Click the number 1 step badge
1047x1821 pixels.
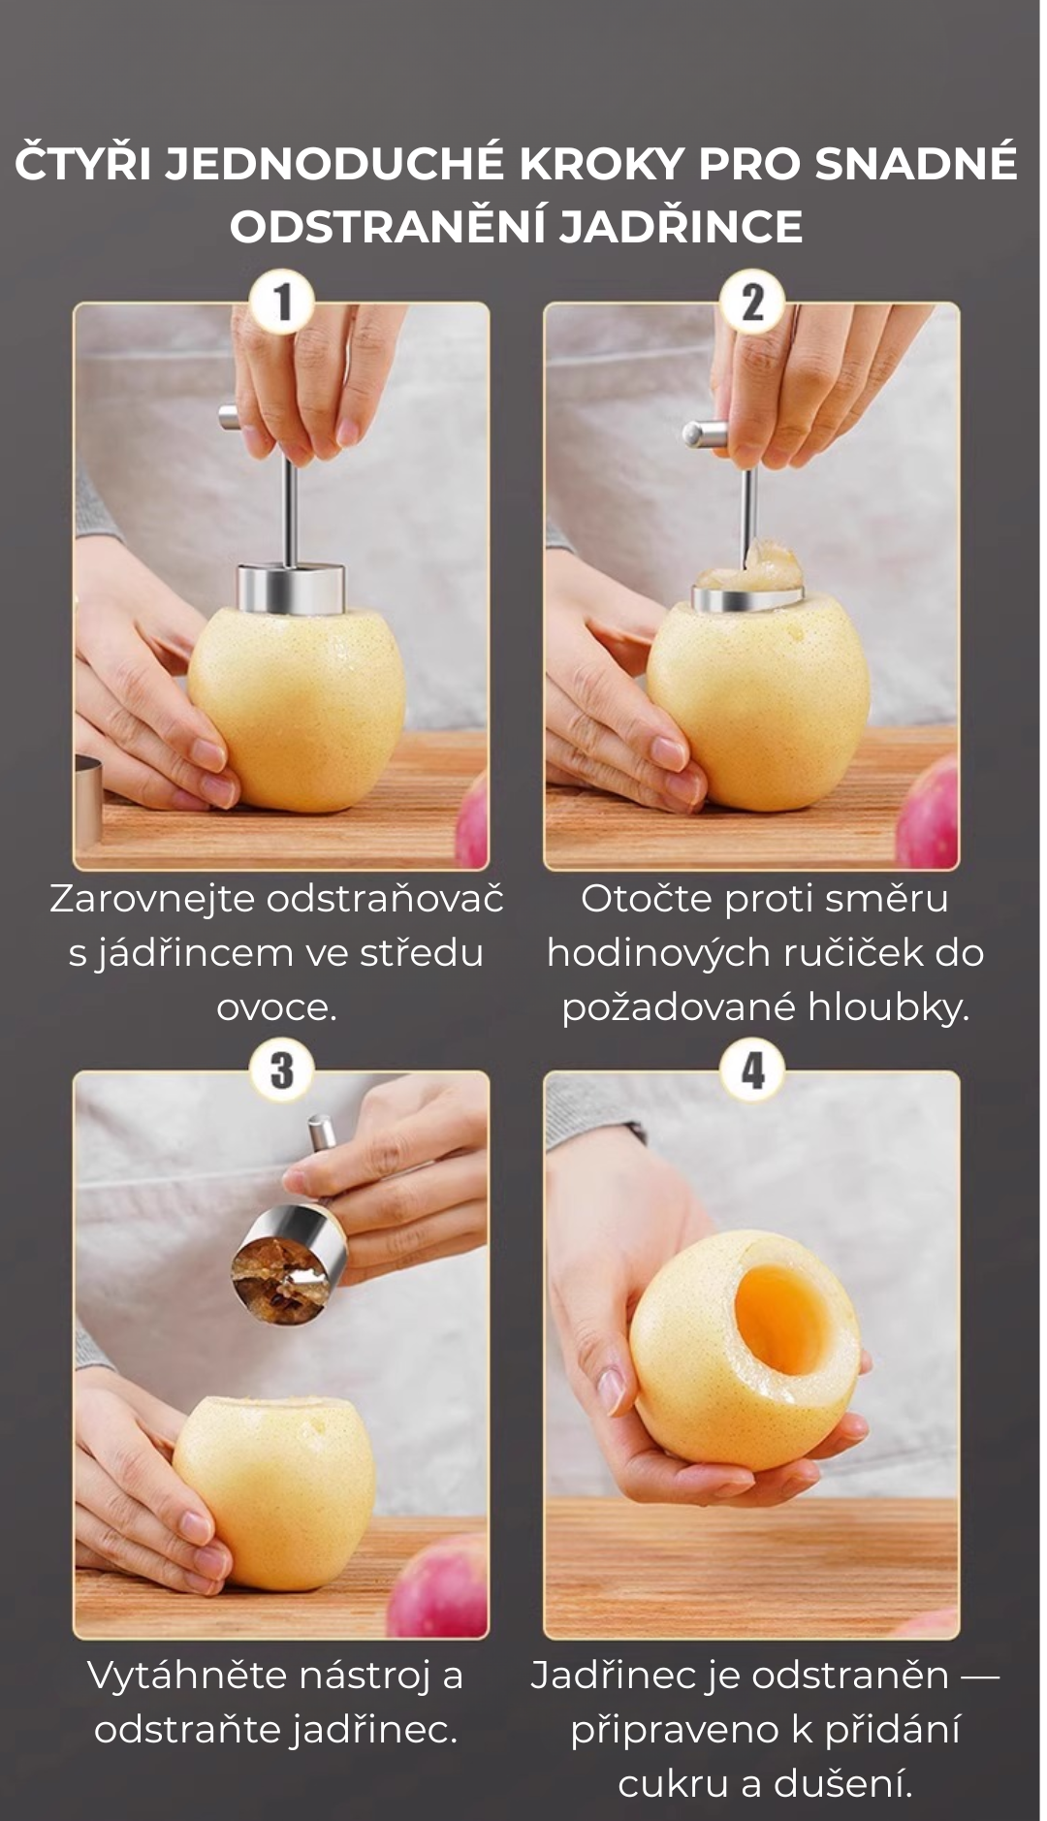(x=281, y=303)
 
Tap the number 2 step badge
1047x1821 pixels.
(x=752, y=303)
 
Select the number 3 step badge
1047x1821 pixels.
(x=281, y=1070)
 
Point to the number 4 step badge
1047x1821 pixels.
(x=752, y=1070)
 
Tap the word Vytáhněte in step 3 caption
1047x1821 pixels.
(x=188, y=1675)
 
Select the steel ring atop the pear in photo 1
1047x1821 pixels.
(x=292, y=588)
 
